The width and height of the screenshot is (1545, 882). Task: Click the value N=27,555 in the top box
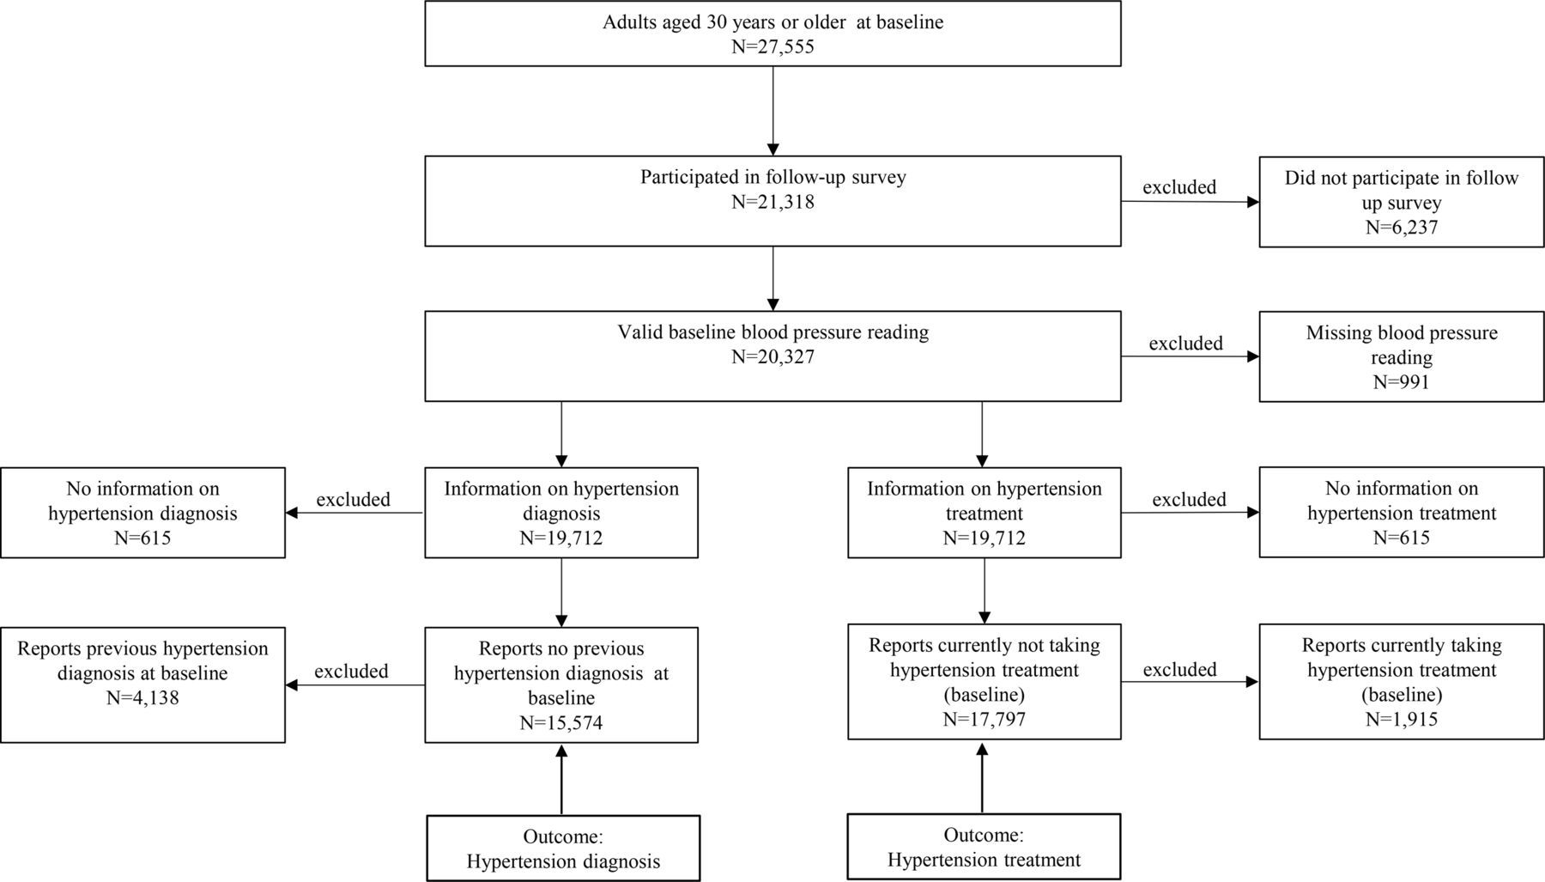pos(772,46)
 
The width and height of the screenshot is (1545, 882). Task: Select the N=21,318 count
pos(772,202)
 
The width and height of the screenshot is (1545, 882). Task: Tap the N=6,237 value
pos(1401,228)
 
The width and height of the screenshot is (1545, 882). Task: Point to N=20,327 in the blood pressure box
pos(772,356)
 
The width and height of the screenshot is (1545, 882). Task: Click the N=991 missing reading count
pos(1401,382)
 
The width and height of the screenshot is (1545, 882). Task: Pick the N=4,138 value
pos(142,697)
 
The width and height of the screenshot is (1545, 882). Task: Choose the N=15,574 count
pos(561,723)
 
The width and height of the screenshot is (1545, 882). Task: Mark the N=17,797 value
pos(984,719)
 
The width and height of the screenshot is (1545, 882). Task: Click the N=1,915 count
pos(1401,719)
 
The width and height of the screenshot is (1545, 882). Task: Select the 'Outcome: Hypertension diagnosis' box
pos(563,849)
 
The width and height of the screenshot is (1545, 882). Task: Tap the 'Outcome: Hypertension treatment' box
pos(984,847)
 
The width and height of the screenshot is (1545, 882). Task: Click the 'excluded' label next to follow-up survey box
pos(1179,187)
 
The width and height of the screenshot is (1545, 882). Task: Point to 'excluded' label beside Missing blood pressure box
pos(1185,344)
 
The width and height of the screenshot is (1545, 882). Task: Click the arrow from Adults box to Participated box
pos(772,111)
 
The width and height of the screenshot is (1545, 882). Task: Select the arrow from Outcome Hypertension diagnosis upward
pos(561,779)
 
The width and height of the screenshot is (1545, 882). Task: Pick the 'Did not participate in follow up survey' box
pos(1401,202)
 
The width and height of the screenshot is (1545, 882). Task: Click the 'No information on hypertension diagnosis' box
pos(142,513)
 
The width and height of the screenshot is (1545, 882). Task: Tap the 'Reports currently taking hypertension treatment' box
pos(1401,681)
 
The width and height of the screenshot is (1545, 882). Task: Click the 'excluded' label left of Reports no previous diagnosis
pos(351,672)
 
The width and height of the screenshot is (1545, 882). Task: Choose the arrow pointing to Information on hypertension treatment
pos(982,434)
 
